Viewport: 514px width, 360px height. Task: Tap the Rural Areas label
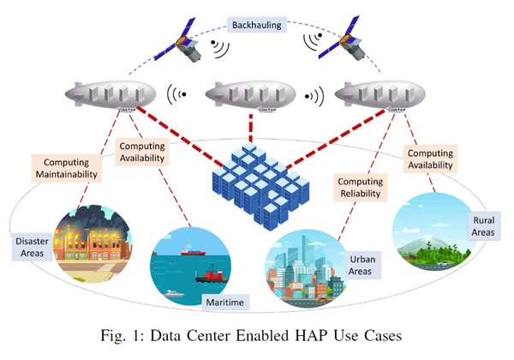click(x=483, y=225)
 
